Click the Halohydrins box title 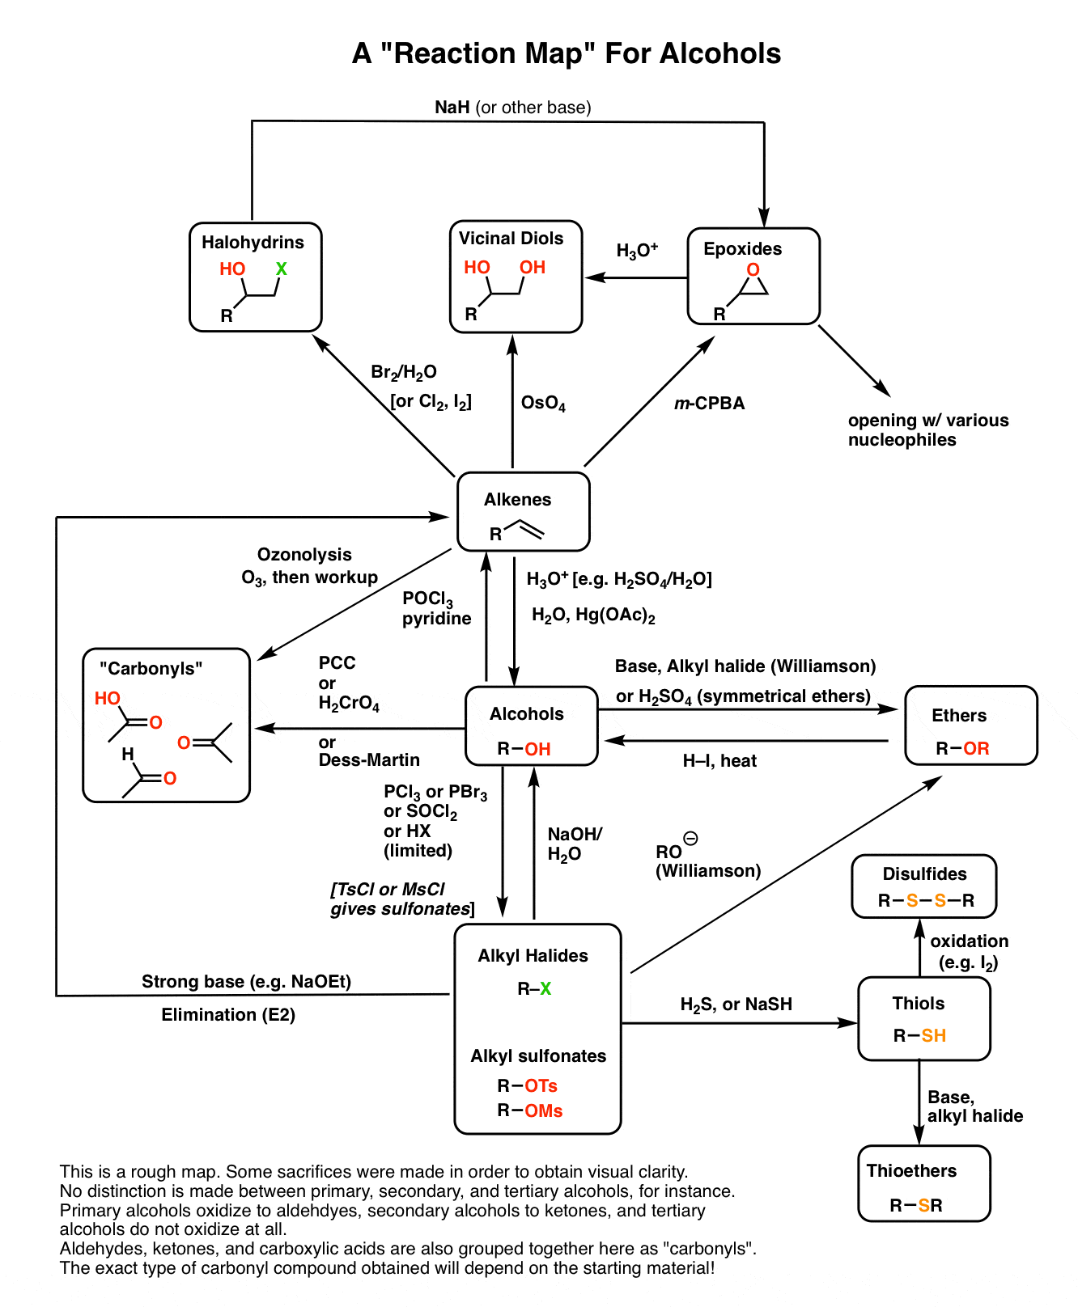(x=253, y=243)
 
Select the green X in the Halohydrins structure (x=281, y=269)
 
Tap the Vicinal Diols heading (x=511, y=239)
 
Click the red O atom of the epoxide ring (x=753, y=270)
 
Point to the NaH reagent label (x=452, y=108)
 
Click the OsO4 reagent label (x=543, y=403)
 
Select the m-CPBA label (x=709, y=403)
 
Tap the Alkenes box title (x=517, y=500)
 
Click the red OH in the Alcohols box (x=537, y=749)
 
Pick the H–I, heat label (x=719, y=761)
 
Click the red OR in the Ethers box (x=976, y=748)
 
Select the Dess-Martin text (x=369, y=760)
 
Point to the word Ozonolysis (x=304, y=555)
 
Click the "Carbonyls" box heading (x=151, y=669)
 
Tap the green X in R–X (x=545, y=988)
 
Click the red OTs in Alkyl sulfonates (x=541, y=1085)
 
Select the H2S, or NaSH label (x=736, y=1005)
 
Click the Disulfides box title (x=924, y=874)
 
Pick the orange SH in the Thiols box (x=933, y=1035)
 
